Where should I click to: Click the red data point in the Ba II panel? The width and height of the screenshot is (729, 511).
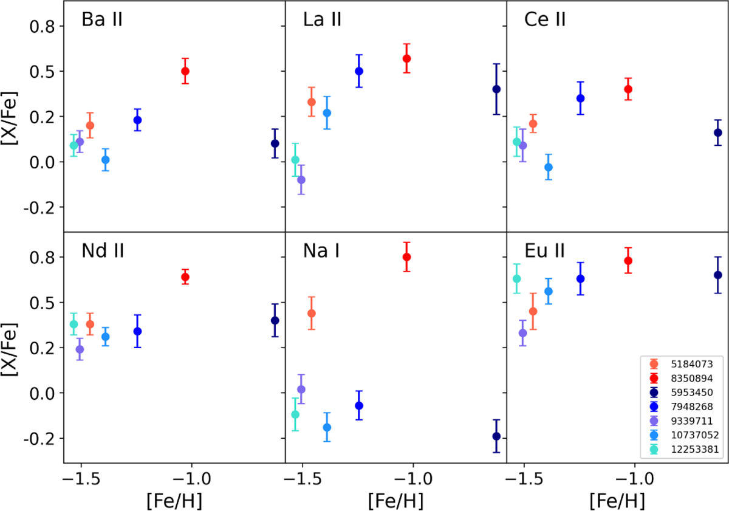click(x=185, y=71)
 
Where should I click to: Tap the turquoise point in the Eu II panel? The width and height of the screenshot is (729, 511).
click(x=517, y=279)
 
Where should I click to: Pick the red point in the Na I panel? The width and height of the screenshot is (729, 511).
click(x=407, y=257)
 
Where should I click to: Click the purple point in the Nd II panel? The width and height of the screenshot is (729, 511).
click(x=80, y=349)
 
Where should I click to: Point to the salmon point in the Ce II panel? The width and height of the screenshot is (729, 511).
click(x=533, y=124)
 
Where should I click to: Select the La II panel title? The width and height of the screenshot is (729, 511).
click(x=322, y=20)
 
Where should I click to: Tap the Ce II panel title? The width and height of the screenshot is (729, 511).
click(x=545, y=20)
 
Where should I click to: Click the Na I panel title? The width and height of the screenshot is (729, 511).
click(x=322, y=251)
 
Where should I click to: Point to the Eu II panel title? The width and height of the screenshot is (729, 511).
click(x=544, y=251)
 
